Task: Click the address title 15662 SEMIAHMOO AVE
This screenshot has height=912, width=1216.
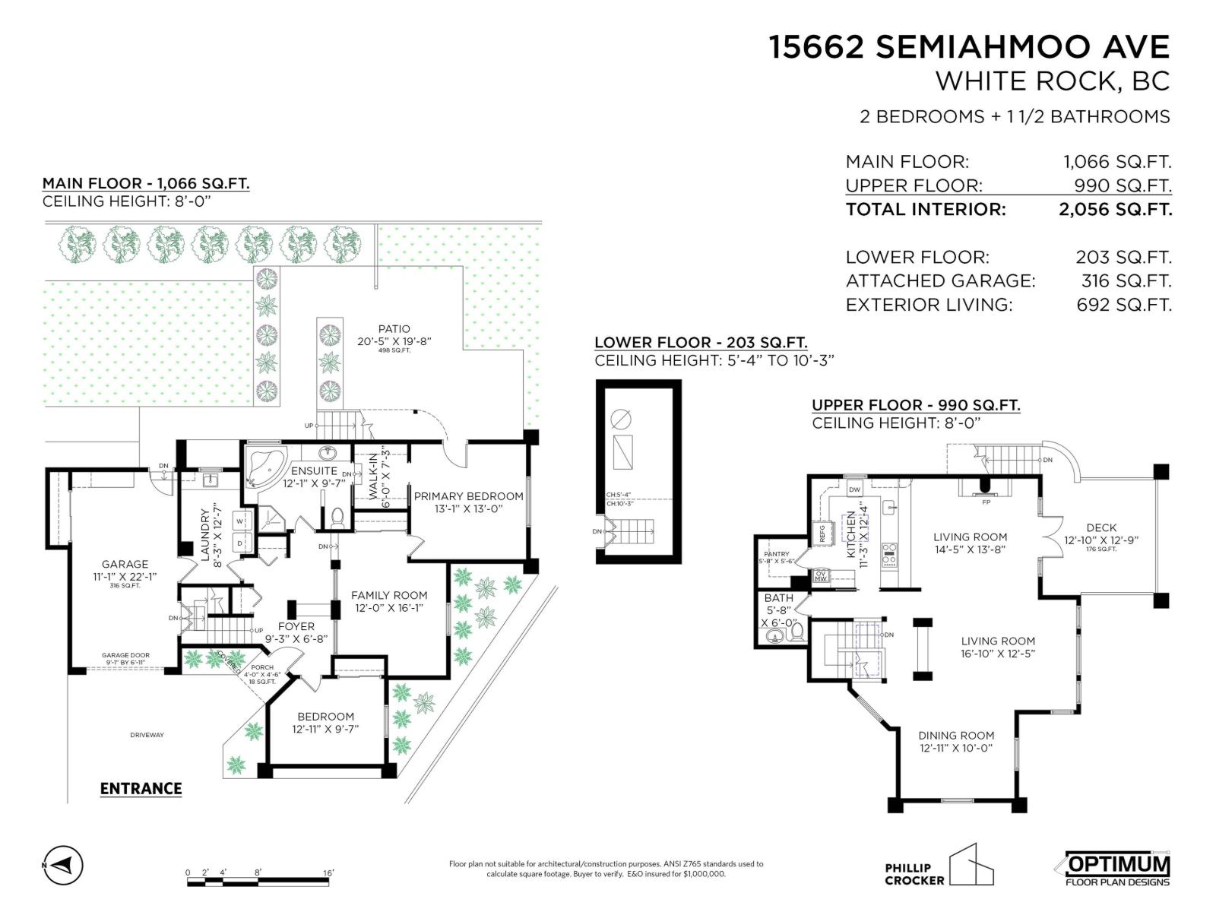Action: pos(969,47)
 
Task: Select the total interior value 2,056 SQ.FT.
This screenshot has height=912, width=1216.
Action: pos(1115,210)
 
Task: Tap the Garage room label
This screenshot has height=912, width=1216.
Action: pos(125,564)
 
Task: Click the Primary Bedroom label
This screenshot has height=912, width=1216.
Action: pos(468,496)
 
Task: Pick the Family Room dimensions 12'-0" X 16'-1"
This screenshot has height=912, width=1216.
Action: pos(389,608)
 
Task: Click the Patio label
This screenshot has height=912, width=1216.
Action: pos(394,329)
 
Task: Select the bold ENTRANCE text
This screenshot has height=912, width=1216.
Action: pos(141,789)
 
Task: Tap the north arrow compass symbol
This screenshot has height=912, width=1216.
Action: pos(64,866)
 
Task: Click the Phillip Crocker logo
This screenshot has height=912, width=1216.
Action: pos(939,866)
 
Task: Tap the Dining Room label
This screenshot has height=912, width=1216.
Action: pos(956,736)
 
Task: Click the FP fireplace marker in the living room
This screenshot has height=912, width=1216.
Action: pos(986,502)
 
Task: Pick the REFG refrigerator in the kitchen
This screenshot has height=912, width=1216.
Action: pos(822,533)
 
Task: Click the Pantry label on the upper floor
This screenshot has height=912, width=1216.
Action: pos(776,554)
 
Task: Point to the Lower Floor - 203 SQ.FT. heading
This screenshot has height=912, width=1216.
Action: pos(700,343)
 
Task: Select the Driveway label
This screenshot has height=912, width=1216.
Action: pos(147,735)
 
